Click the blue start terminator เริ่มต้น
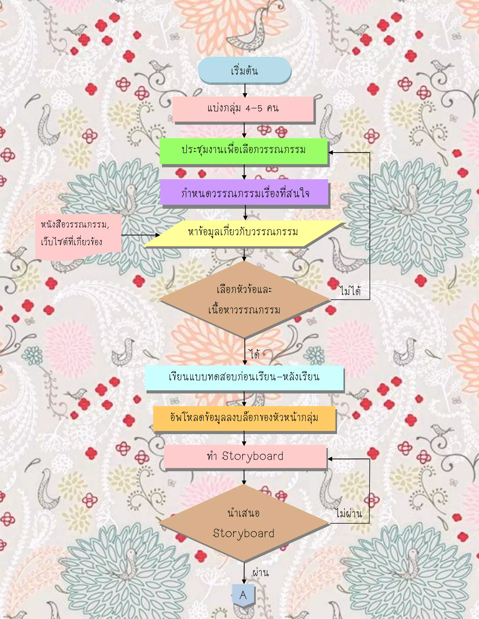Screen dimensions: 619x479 coord(244,70)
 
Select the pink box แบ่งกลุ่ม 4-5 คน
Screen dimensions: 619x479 coord(243,109)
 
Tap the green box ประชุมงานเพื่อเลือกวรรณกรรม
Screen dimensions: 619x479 coord(243,150)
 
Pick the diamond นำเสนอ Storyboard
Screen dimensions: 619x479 coord(244,523)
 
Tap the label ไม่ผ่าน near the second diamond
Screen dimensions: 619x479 coord(348,513)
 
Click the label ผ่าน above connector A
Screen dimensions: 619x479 coord(261,573)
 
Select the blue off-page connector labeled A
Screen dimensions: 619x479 coord(243,595)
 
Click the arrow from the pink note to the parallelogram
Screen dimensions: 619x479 coord(141,235)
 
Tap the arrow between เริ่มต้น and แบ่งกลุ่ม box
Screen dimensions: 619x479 coord(245,91)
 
